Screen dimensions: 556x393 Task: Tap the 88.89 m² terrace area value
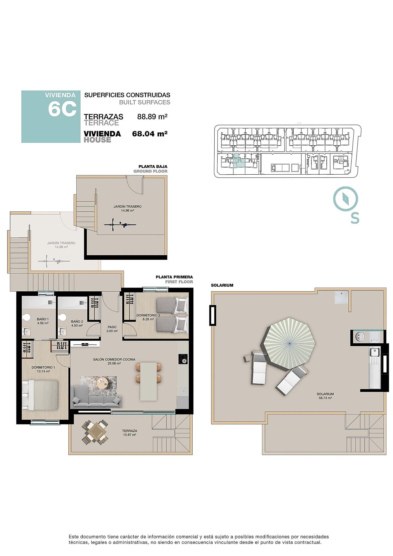[152, 117]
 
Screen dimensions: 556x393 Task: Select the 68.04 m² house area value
[150, 134]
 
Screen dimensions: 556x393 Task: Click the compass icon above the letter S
[346, 199]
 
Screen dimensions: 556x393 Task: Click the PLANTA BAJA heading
[153, 167]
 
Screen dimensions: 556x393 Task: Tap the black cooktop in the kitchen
[183, 359]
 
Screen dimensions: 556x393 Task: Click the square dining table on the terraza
[95, 433]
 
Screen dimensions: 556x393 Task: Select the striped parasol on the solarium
[289, 343]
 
